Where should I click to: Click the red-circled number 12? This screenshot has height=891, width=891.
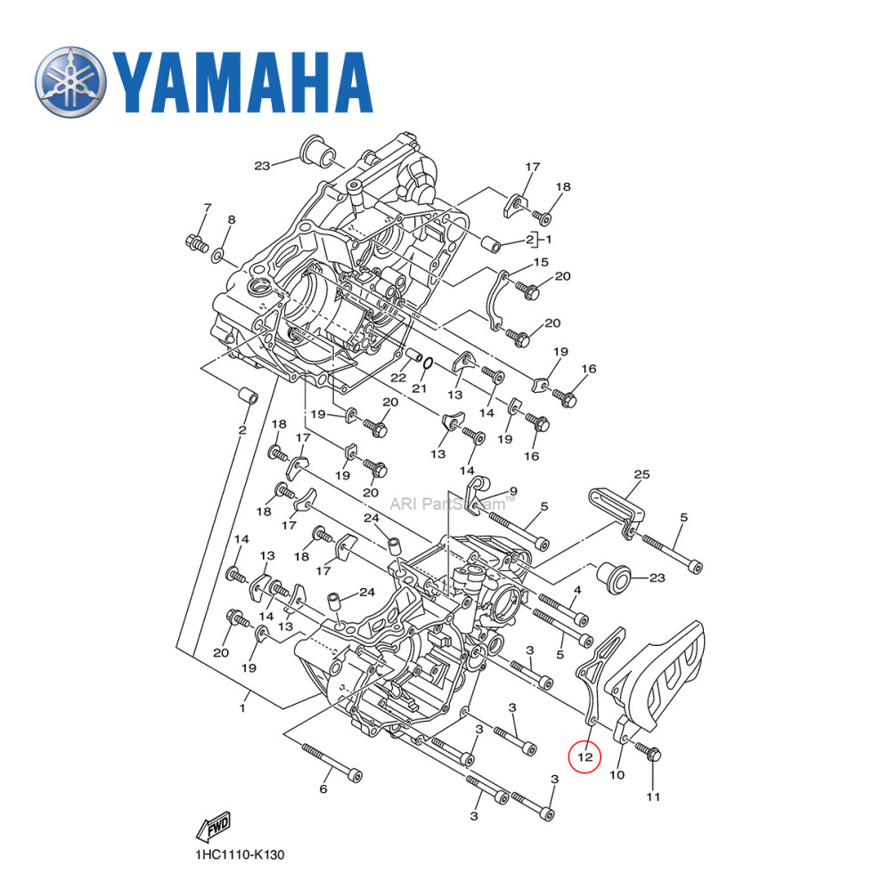(585, 757)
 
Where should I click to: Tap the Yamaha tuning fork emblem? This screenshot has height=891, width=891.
(70, 83)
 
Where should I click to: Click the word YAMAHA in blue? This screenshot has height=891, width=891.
(241, 83)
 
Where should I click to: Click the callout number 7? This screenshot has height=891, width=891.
(208, 208)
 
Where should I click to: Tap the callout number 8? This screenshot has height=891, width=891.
(231, 219)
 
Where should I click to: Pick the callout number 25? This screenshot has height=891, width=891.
(642, 475)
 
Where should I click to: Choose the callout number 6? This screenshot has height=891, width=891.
(323, 789)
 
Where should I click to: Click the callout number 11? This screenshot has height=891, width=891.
(653, 797)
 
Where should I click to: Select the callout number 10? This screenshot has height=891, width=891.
(617, 775)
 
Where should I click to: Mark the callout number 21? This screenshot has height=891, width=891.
(420, 389)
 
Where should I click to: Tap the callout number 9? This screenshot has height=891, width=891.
(512, 491)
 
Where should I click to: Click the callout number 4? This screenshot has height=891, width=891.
(577, 590)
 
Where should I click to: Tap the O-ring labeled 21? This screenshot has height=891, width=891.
(428, 363)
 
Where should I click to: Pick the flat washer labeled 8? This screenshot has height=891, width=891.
(217, 257)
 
